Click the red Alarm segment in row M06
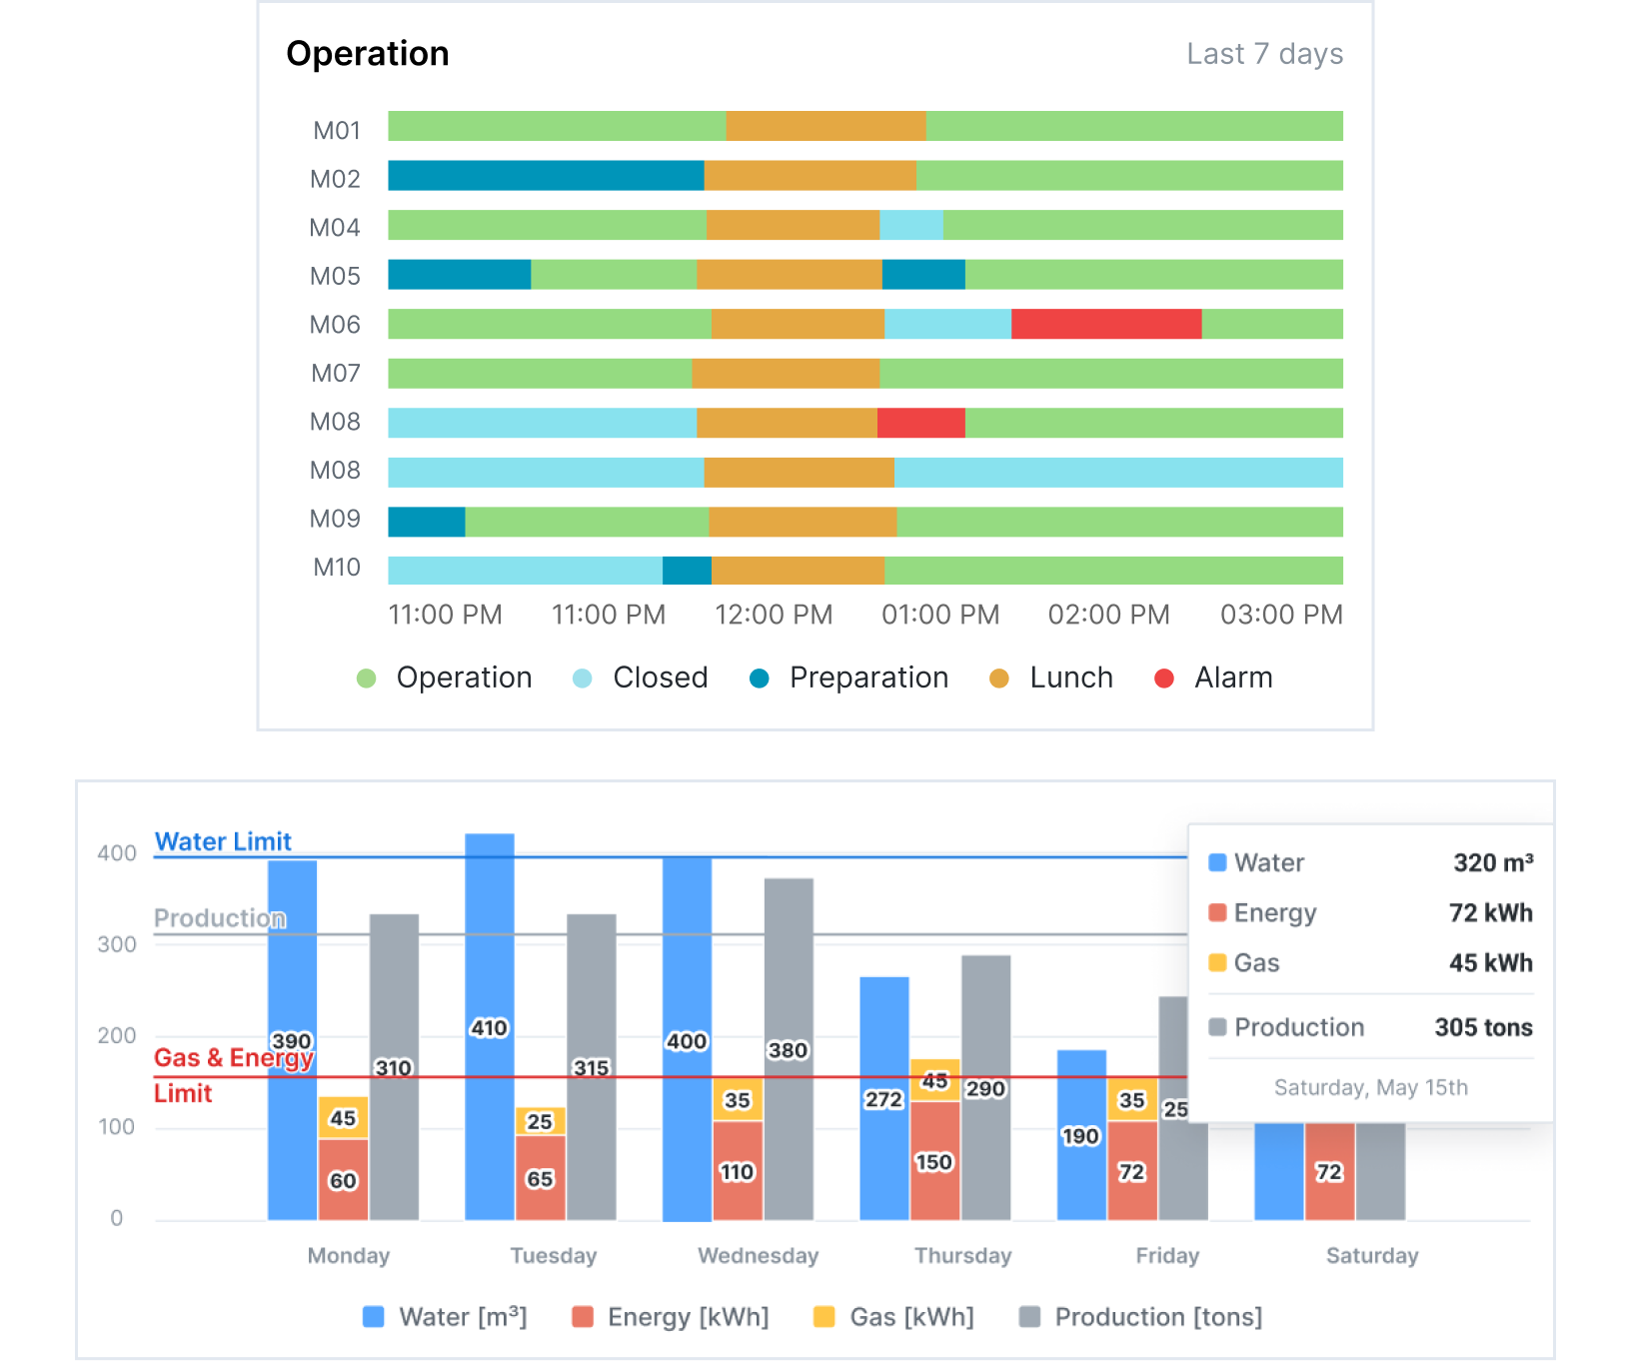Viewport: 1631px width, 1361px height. click(x=1105, y=324)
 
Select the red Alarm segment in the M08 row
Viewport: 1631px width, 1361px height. click(x=920, y=423)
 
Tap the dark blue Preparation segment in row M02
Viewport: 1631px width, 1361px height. click(x=545, y=176)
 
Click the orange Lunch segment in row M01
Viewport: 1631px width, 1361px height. click(x=825, y=127)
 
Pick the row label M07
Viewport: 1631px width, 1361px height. click(x=335, y=374)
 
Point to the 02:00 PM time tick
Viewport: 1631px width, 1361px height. click(x=1107, y=615)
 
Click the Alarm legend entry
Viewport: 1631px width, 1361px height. click(x=1213, y=678)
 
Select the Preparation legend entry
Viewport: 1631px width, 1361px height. click(x=849, y=678)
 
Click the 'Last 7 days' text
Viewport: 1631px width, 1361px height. click(x=1263, y=54)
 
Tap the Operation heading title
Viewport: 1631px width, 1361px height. click(x=367, y=54)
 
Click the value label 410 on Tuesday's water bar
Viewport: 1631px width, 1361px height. click(x=489, y=1028)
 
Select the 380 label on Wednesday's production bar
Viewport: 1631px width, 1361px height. click(x=788, y=1050)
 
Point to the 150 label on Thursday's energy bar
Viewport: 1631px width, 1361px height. click(x=934, y=1162)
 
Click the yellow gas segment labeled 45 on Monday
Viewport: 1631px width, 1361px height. click(x=343, y=1118)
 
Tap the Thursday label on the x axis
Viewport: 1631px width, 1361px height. click(x=962, y=1255)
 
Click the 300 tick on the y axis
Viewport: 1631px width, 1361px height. click(x=116, y=944)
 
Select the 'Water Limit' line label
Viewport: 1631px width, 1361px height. click(x=223, y=841)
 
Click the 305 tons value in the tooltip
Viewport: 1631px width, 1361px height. click(x=1483, y=1027)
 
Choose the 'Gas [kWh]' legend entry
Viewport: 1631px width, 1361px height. click(x=894, y=1317)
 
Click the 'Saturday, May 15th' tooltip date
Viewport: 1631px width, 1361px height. click(x=1370, y=1087)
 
